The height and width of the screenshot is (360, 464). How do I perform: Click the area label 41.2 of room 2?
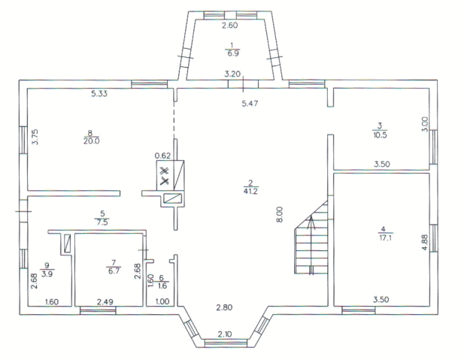click(x=250, y=192)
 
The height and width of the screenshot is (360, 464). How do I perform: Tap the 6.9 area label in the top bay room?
click(x=232, y=53)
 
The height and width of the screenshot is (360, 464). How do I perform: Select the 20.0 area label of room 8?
click(x=92, y=141)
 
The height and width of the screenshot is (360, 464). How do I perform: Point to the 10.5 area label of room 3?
click(x=380, y=135)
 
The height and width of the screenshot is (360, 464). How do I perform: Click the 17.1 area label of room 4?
click(x=385, y=237)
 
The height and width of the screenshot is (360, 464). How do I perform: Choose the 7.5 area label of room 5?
click(x=102, y=222)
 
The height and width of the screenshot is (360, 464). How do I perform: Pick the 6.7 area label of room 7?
click(x=114, y=271)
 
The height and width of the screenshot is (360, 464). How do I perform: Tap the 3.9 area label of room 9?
click(x=47, y=274)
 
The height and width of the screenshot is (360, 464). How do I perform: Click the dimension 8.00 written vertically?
click(x=280, y=214)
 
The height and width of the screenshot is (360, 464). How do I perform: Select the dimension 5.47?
click(x=250, y=104)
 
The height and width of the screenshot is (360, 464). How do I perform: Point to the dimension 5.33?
click(x=99, y=94)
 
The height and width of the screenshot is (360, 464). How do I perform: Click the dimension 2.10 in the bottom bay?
click(x=225, y=334)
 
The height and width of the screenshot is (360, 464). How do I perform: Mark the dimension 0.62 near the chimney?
click(x=162, y=156)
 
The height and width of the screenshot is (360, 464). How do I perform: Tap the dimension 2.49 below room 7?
click(x=105, y=301)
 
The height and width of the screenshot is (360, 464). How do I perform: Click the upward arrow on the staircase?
click(x=311, y=245)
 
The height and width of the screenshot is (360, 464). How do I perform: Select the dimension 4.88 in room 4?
click(x=425, y=243)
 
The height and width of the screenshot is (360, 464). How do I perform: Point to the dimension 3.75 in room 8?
click(x=35, y=137)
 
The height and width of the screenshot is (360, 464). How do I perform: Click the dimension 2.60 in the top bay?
click(x=230, y=25)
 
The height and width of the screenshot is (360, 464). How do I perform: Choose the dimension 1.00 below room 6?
click(x=162, y=301)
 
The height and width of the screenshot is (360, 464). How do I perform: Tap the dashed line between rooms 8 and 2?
click(x=174, y=120)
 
